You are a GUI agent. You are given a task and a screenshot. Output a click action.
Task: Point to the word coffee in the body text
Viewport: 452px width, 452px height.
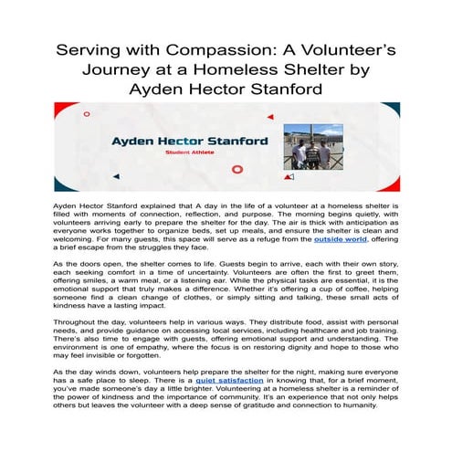tap(317, 313)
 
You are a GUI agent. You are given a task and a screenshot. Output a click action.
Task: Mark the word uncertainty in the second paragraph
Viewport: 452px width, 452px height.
tap(226, 295)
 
